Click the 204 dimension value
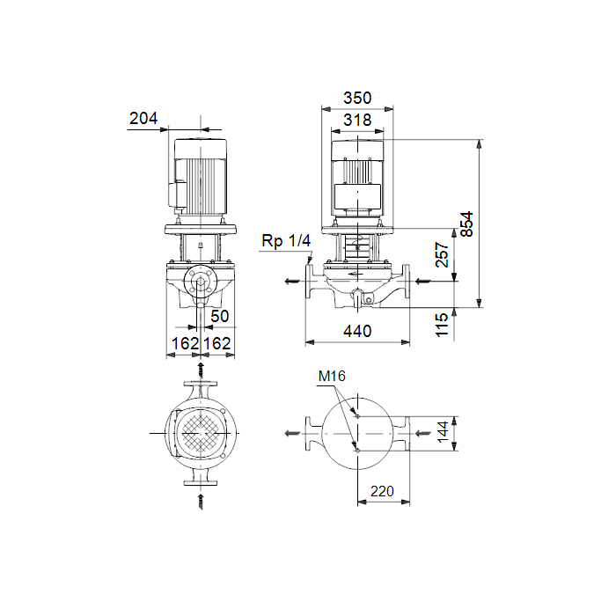point(143,118)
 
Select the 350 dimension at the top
point(357,98)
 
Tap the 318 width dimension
point(357,120)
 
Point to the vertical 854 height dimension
point(466,224)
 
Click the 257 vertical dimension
point(442,254)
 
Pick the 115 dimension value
point(442,325)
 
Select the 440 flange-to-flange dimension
point(357,331)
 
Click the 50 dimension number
point(220,316)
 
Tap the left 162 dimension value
point(185,344)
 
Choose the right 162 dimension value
point(217,344)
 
